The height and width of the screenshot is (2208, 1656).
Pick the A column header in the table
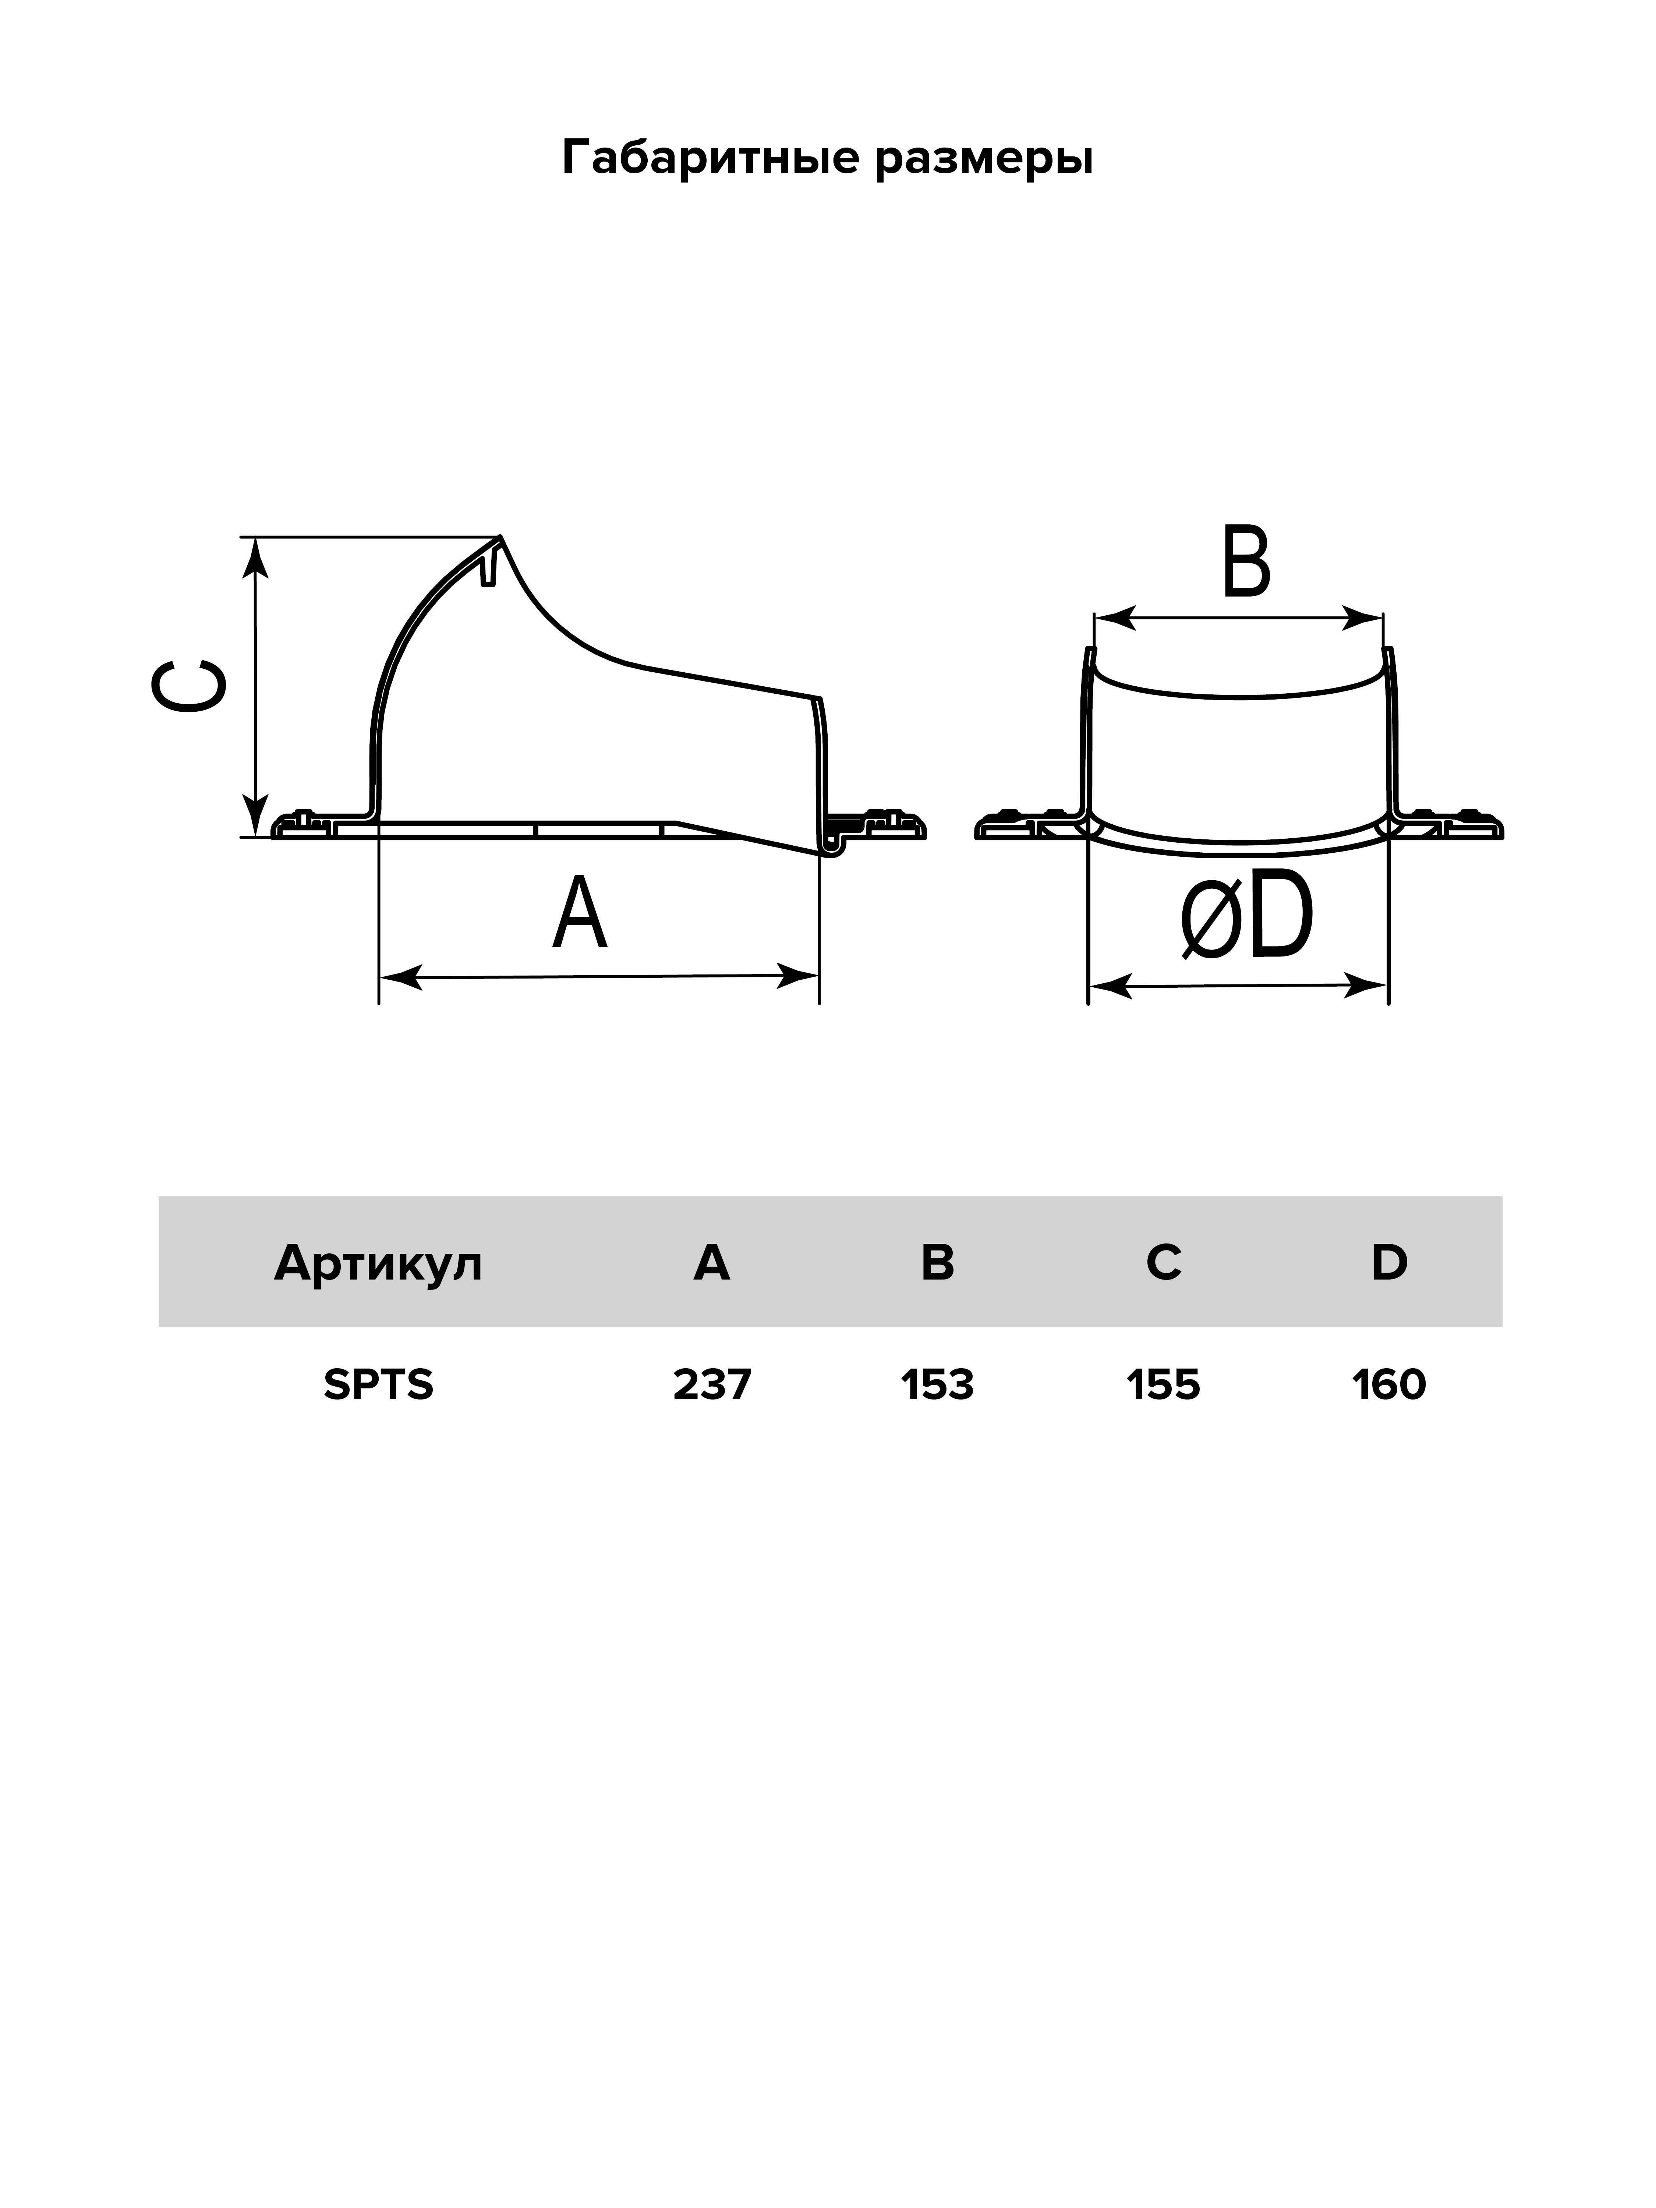point(712,1263)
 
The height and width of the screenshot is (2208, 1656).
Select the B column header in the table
point(937,1263)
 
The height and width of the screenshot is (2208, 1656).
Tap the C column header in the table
point(1163,1263)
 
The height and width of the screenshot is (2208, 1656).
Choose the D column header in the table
point(1388,1263)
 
